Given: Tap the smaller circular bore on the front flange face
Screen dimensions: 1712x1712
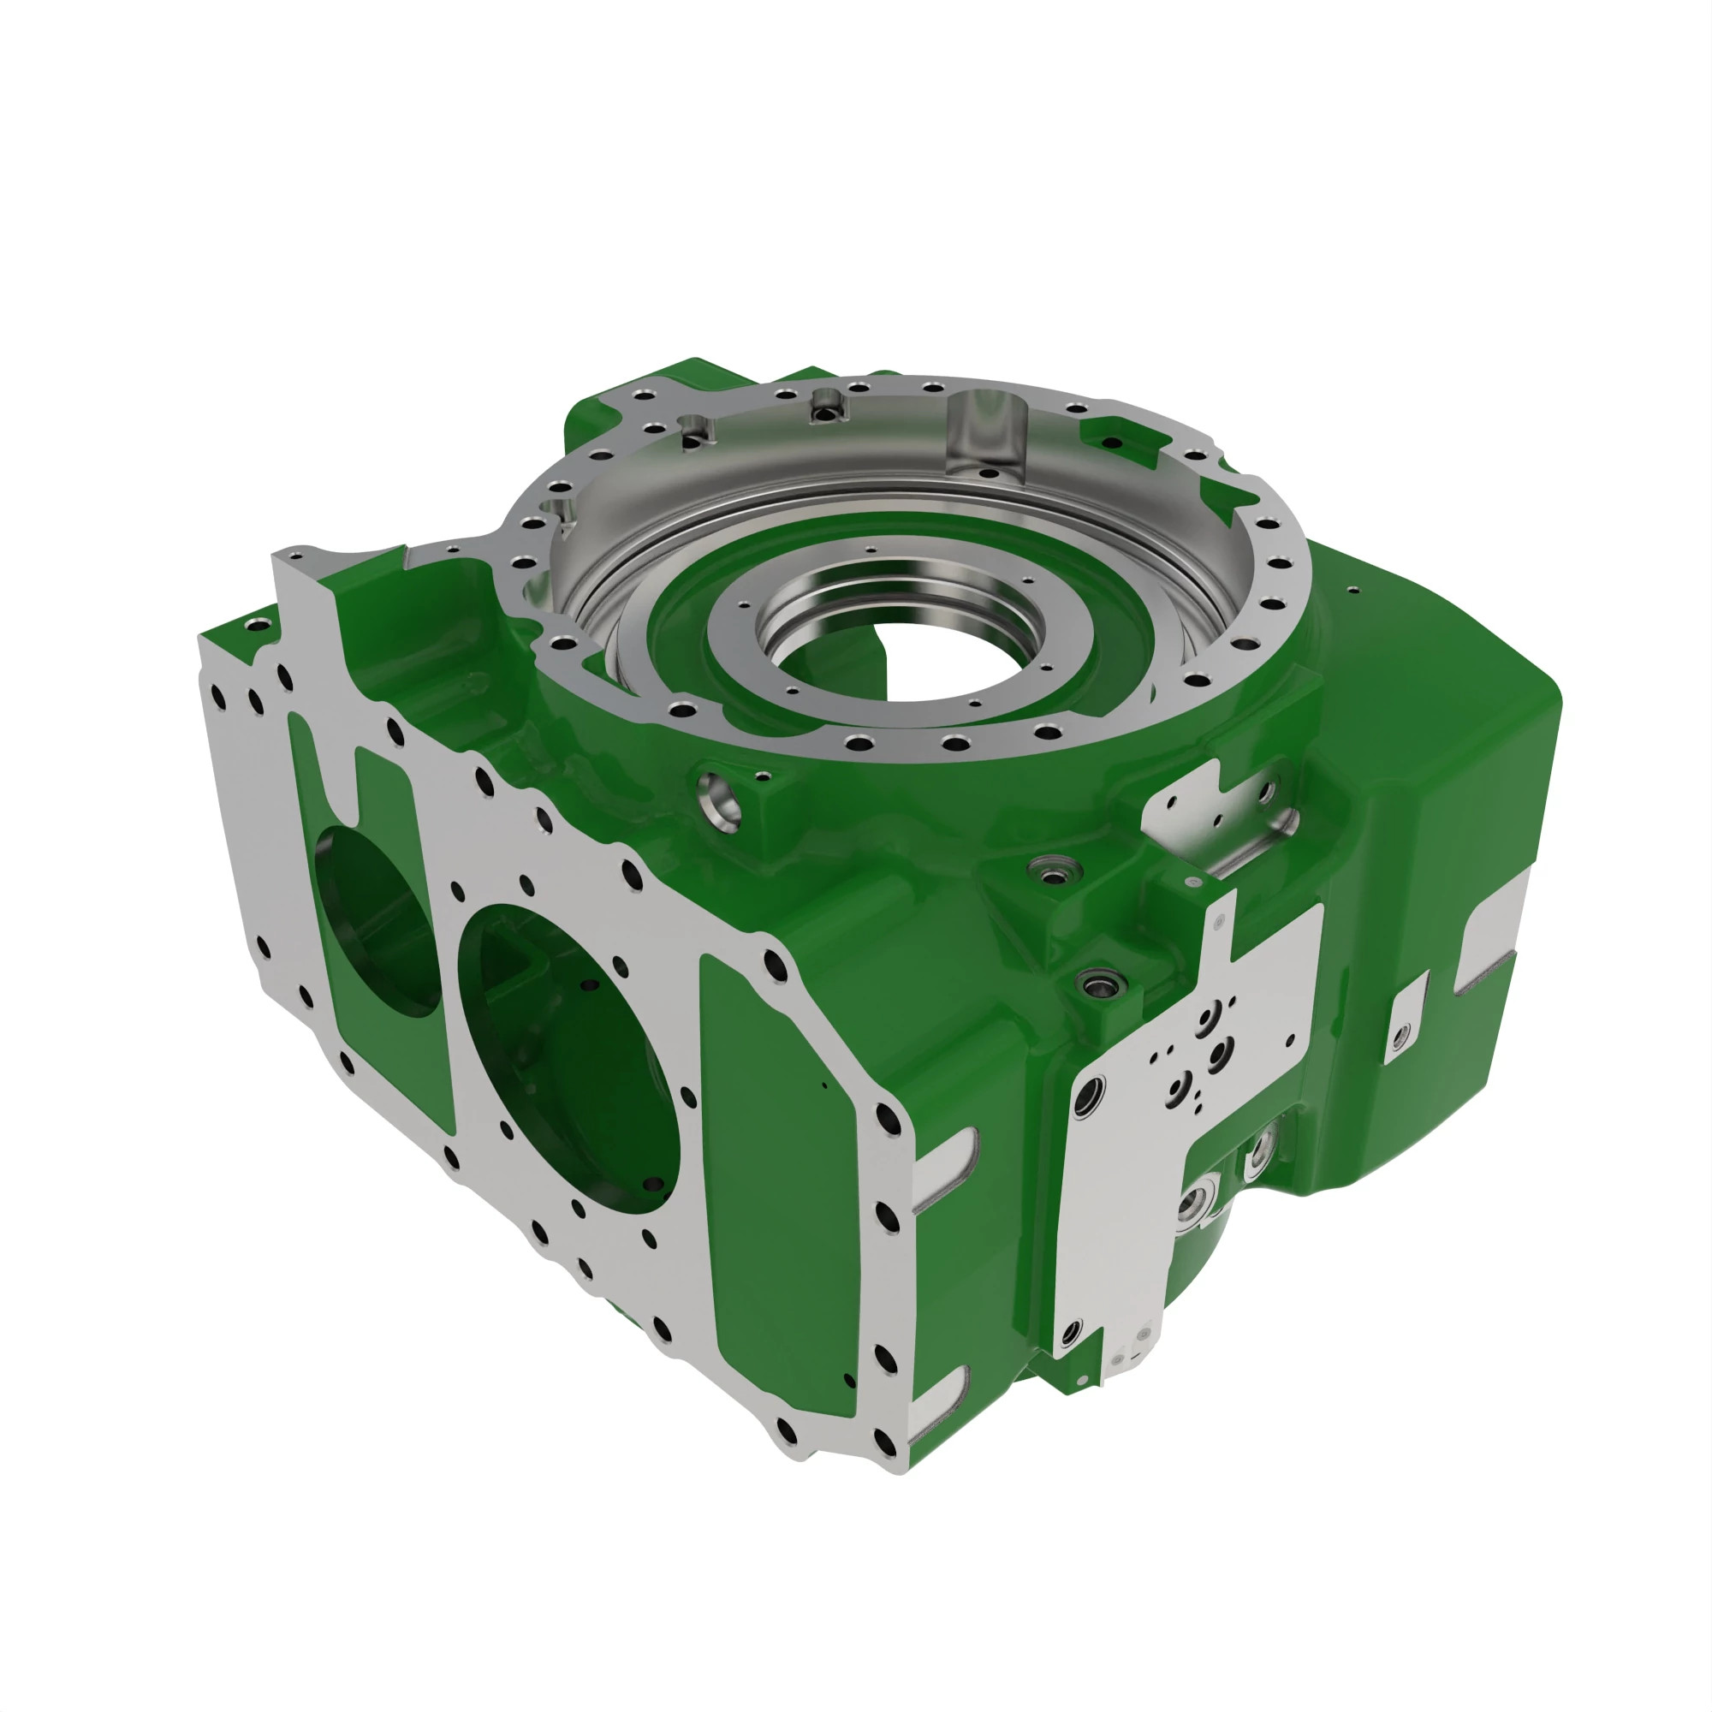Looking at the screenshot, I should tap(377, 922).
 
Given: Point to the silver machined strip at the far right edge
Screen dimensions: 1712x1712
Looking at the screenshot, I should tap(1497, 939).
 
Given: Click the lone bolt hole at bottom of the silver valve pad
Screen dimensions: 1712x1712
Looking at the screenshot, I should tap(1072, 1329).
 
